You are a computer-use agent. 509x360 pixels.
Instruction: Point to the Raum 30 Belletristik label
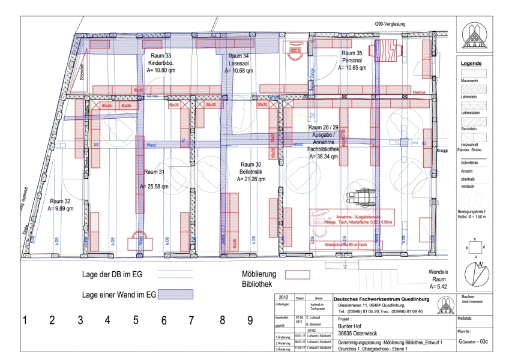tap(251, 167)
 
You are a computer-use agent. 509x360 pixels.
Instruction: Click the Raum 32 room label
tap(60, 202)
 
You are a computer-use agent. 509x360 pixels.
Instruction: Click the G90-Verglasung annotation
tap(390, 24)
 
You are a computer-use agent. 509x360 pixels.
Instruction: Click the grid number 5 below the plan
tap(136, 320)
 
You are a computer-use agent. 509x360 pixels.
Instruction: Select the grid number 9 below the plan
tap(250, 320)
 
